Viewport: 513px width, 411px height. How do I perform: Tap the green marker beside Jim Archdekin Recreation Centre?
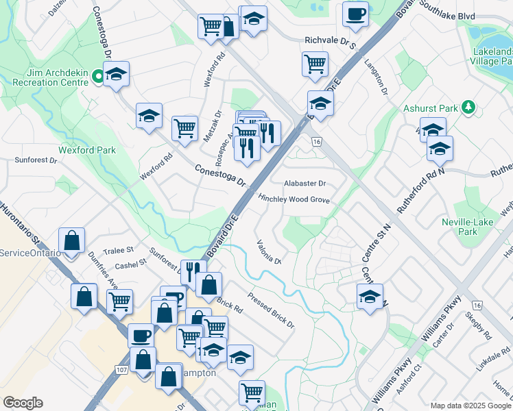pyautogui.click(x=98, y=77)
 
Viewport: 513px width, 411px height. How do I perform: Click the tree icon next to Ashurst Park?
pyautogui.click(x=468, y=107)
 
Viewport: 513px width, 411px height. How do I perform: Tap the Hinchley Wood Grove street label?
pyautogui.click(x=294, y=199)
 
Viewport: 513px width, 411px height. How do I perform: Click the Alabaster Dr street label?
pyautogui.click(x=305, y=184)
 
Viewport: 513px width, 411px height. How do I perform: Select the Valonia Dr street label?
pyautogui.click(x=269, y=251)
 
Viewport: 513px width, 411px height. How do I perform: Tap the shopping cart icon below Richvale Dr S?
pyautogui.click(x=314, y=64)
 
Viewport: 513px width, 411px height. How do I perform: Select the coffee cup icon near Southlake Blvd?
pyautogui.click(x=355, y=13)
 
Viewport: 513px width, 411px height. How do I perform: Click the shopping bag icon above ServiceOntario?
pyautogui.click(x=71, y=240)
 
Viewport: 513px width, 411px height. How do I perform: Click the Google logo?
pyautogui.click(x=23, y=403)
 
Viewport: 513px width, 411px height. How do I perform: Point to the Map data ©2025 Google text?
pyautogui.click(x=470, y=406)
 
